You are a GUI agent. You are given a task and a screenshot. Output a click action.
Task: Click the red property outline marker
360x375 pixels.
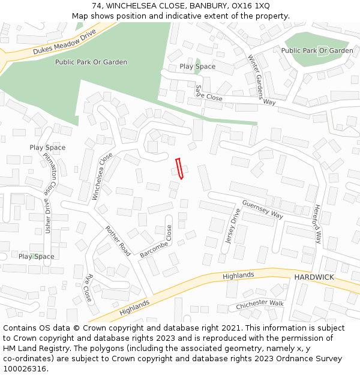pyautogui.click(x=179, y=169)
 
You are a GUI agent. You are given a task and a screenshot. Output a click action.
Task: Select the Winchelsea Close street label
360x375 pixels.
pyautogui.click(x=102, y=176)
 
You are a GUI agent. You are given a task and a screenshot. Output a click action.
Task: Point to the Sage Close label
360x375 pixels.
pyautogui.click(x=208, y=93)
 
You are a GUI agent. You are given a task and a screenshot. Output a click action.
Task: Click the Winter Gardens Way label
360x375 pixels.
pyautogui.click(x=262, y=80)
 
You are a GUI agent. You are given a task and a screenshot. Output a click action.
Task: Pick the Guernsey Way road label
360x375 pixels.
pyautogui.click(x=262, y=209)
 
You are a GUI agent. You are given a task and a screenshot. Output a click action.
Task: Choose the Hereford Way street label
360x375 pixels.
pyautogui.click(x=318, y=223)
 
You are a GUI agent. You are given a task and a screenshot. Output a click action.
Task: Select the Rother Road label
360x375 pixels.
pyautogui.click(x=118, y=241)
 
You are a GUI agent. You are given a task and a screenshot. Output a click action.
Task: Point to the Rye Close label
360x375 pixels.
pyautogui.click(x=88, y=288)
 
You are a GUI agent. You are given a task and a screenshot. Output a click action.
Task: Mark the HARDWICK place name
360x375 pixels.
pyautogui.click(x=314, y=277)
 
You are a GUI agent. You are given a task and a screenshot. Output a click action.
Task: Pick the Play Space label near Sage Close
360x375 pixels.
pyautogui.click(x=197, y=67)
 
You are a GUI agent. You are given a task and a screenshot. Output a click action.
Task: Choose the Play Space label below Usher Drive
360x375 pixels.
pyautogui.click(x=36, y=256)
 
